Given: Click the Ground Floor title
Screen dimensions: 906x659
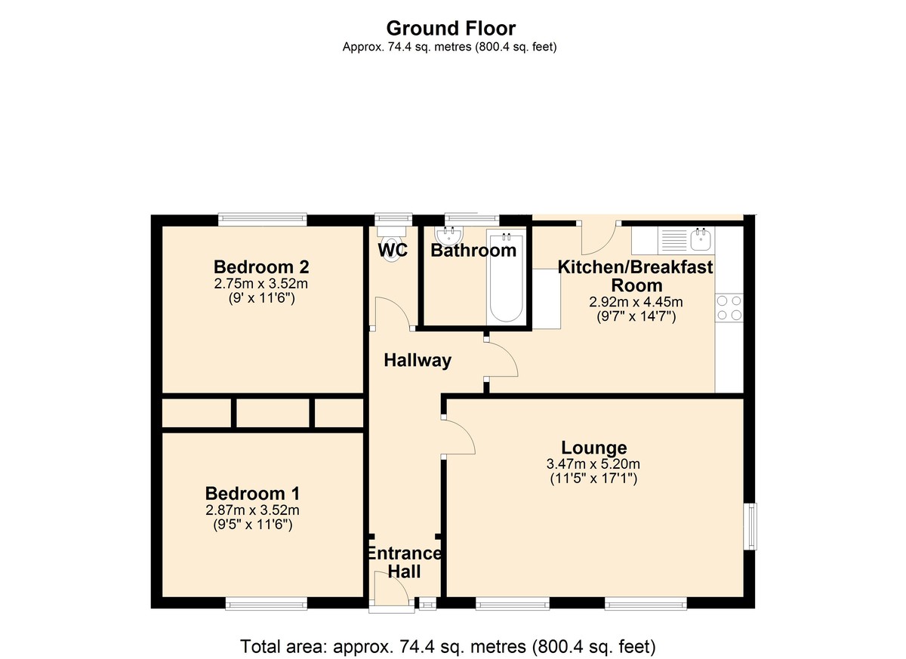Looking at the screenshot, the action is [451, 28].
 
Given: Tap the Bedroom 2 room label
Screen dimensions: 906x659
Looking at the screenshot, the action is [261, 266].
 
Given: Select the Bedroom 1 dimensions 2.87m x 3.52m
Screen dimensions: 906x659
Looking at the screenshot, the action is [252, 510].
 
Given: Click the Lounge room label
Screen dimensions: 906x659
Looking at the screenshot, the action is [593, 448].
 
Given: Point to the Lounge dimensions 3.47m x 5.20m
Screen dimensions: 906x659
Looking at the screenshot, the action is [593, 464].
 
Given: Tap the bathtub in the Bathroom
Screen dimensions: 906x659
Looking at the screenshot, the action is [506, 277].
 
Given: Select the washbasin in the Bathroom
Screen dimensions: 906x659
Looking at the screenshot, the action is [450, 235].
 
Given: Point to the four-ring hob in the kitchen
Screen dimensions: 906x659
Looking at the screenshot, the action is [729, 308].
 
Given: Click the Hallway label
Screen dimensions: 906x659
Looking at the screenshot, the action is [418, 360].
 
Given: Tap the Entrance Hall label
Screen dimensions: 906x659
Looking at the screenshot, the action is [404, 562].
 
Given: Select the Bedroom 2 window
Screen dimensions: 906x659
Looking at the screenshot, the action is [263, 219].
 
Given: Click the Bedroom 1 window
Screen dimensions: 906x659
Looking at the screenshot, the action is [266, 605].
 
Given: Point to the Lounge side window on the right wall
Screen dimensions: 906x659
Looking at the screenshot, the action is [750, 526].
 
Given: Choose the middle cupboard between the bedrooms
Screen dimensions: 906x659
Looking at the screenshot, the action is [273, 413].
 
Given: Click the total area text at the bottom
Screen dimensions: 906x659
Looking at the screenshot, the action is [448, 646].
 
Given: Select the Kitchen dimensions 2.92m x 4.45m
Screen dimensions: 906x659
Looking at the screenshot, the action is [636, 302].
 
